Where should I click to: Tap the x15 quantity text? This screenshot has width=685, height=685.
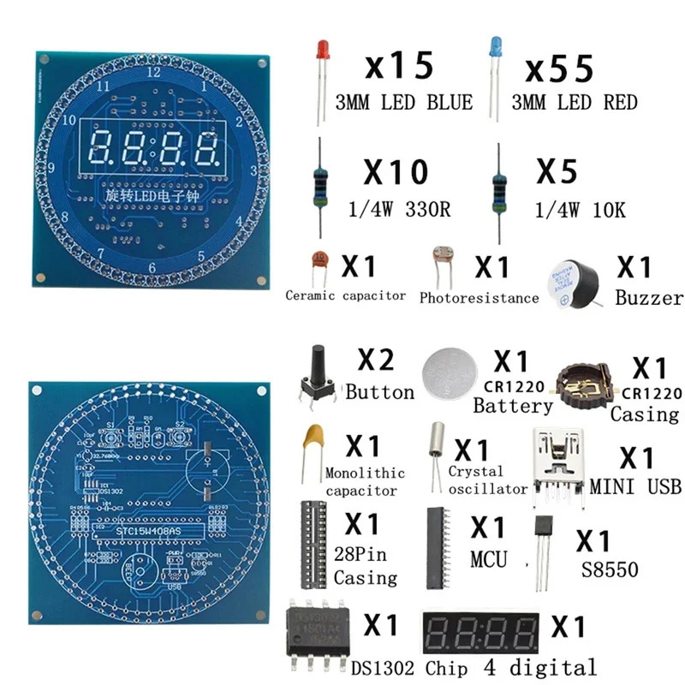click(399, 67)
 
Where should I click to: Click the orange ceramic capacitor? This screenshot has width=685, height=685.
click(319, 261)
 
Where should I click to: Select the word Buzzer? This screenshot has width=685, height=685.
click(649, 297)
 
